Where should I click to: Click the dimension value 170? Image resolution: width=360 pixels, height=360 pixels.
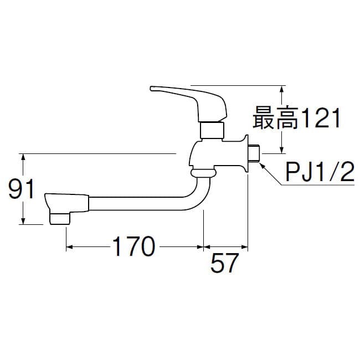coord(133,247)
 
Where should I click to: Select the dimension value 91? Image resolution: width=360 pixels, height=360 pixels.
coord(23,190)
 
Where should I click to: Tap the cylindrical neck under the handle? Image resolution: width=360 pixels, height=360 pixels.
coord(212,131)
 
